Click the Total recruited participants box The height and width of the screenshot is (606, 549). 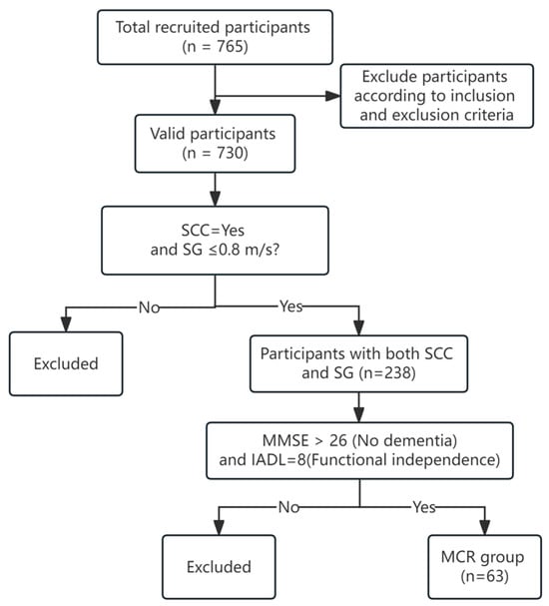tap(215, 37)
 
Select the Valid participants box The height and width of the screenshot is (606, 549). tap(215, 144)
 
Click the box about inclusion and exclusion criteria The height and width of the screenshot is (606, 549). tap(436, 96)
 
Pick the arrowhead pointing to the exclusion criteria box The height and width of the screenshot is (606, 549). tap(332, 96)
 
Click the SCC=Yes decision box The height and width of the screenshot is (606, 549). tap(215, 241)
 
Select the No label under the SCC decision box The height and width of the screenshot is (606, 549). tap(149, 307)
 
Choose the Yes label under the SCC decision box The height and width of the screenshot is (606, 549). tap(290, 306)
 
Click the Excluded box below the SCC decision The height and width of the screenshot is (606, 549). tap(66, 363)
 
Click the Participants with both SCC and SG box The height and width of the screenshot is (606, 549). tap(358, 363)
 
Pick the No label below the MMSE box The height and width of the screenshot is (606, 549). tap(288, 507)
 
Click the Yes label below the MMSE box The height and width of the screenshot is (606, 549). tap(424, 507)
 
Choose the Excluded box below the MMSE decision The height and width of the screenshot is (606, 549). tap(219, 567)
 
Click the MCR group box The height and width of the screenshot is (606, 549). tap(484, 567)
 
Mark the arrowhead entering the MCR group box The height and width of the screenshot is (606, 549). tap(484, 527)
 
